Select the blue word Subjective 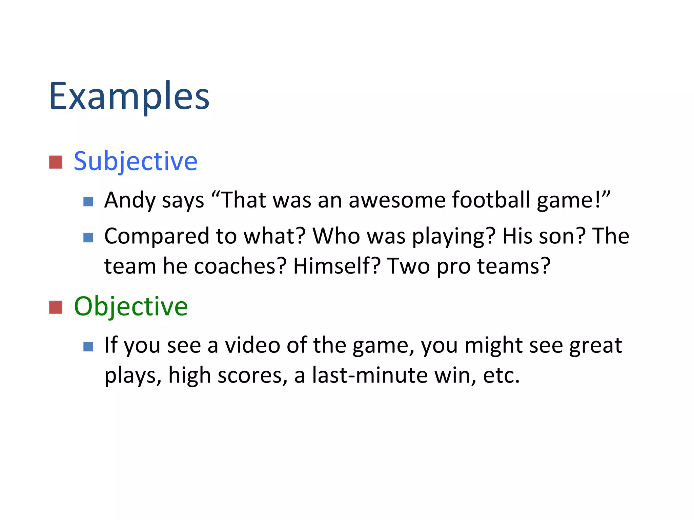(136, 161)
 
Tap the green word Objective (131, 306)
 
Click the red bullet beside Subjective (56, 162)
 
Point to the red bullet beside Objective (56, 307)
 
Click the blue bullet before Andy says (88, 202)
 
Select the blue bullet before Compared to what (88, 238)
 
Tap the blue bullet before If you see (88, 347)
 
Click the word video (253, 345)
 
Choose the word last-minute (370, 375)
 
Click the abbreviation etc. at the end (501, 375)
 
